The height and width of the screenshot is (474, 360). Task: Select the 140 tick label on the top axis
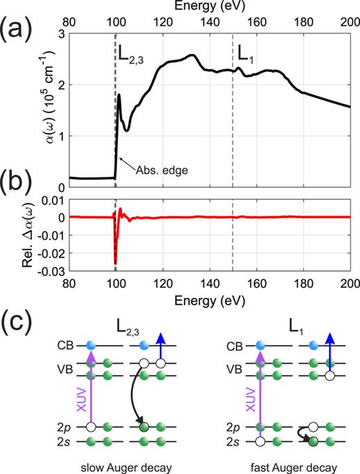click(x=209, y=22)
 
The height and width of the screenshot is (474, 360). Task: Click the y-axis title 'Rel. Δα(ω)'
click(x=19, y=234)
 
